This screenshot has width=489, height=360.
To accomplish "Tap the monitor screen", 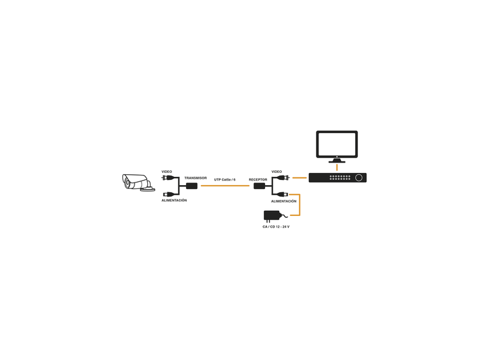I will (337, 144).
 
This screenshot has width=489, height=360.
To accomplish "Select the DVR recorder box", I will (337, 177).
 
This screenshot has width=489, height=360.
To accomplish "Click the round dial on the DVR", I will (358, 177).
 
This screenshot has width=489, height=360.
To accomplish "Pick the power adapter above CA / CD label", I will (273, 216).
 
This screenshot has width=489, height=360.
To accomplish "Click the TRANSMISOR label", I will (195, 178).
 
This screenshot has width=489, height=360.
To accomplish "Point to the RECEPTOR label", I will (257, 179).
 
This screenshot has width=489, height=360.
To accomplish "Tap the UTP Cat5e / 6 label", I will (225, 179).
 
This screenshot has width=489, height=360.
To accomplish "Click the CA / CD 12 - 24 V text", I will (275, 227).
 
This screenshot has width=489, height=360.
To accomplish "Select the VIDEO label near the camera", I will (167, 172).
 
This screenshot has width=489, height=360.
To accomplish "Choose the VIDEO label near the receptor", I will (277, 172).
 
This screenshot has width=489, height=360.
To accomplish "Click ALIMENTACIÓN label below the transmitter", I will (174, 201).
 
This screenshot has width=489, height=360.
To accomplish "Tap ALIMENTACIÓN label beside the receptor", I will (283, 201).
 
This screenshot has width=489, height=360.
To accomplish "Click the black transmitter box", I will (191, 186).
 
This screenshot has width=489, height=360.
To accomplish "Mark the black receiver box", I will (259, 186).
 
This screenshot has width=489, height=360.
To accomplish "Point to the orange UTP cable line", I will (225, 186).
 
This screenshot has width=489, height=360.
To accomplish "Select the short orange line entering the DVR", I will (299, 177).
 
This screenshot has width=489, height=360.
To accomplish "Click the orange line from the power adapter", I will (300, 206).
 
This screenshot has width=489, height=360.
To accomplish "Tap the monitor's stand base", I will (337, 162).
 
